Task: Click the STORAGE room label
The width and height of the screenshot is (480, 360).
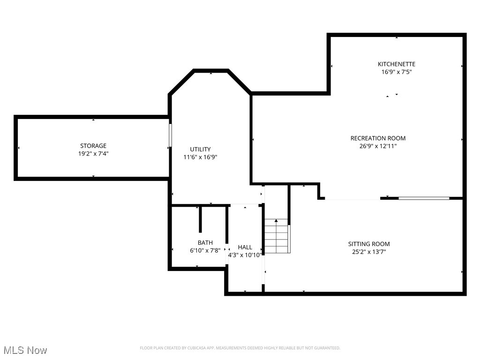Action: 93,146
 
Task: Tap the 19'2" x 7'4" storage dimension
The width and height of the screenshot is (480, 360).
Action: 93,153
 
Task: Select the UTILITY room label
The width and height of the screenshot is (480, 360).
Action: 200,150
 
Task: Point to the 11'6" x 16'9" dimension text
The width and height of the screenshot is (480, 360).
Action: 200,157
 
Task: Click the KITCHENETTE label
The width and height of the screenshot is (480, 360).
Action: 397,64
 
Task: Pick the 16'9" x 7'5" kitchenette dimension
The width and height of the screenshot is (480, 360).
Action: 397,72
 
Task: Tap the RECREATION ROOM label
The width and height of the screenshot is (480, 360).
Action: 378,138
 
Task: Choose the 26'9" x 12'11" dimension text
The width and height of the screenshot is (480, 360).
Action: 378,146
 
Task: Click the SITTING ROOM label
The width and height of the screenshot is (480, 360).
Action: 368,244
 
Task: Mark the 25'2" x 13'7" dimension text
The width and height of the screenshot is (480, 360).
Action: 368,252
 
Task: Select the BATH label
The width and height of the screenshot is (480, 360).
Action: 205,243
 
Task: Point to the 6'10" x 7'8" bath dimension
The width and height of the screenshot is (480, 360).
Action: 205,250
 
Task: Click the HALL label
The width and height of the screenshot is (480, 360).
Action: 245,247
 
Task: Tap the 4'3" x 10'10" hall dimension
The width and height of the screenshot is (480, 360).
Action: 245,255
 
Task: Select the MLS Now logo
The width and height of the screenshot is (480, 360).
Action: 25,350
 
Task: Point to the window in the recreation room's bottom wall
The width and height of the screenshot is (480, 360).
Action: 424,198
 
